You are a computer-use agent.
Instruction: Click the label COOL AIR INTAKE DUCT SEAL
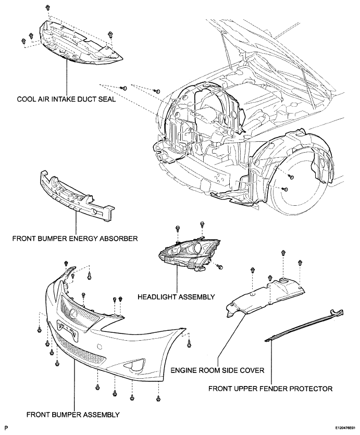click(66, 100)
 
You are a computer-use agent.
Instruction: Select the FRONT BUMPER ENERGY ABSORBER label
click(75, 238)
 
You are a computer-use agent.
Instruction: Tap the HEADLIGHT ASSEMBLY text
click(176, 297)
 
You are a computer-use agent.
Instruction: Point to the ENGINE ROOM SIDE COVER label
click(217, 370)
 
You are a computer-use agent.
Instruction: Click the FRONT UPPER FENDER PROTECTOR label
click(270, 389)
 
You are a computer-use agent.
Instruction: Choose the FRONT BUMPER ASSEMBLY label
click(73, 415)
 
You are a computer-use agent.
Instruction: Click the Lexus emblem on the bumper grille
click(74, 313)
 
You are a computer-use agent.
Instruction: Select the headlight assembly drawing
click(189, 254)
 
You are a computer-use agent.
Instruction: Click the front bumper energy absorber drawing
click(76, 195)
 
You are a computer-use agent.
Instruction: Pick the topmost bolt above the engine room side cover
click(283, 253)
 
